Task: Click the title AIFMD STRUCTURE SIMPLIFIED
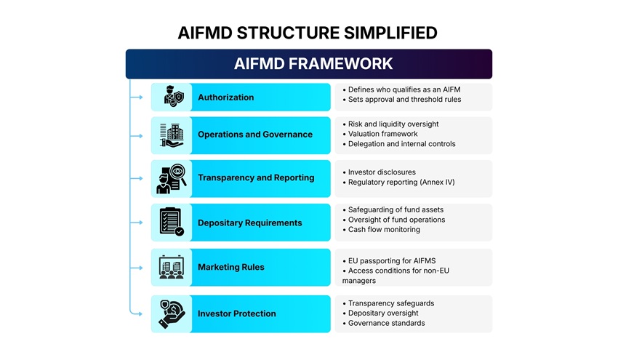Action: pos(308,33)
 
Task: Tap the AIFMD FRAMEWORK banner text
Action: pos(313,64)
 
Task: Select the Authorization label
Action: pos(225,97)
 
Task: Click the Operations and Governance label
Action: pos(254,135)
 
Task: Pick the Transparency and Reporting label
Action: pos(256,177)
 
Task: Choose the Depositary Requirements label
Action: pos(249,223)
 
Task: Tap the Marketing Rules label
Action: pos(231,267)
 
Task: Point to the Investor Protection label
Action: pos(236,313)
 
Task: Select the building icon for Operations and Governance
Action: pos(172,135)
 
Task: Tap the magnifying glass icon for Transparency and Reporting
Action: pos(172,178)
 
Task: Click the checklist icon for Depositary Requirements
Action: pos(172,222)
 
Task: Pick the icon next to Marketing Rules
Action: pos(172,267)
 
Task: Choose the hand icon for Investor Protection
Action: pos(172,314)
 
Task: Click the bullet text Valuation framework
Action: pos(382,134)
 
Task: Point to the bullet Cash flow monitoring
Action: pos(384,230)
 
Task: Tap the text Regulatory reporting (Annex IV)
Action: pos(401,183)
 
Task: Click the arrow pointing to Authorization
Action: pos(137,97)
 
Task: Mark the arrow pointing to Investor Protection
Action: pos(137,313)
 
